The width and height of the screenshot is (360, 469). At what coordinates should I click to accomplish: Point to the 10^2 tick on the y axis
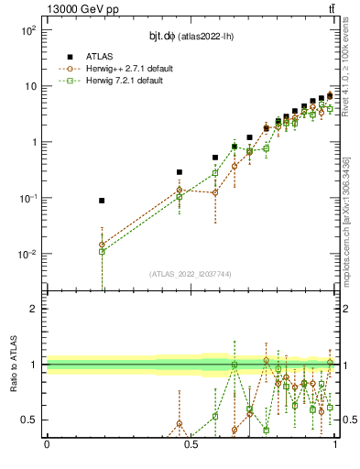click(27, 30)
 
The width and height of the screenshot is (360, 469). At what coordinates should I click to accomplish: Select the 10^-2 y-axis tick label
click(27, 255)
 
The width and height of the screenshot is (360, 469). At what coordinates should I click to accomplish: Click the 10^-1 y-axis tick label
click(27, 199)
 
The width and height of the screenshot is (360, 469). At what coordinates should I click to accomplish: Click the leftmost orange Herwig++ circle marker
click(102, 245)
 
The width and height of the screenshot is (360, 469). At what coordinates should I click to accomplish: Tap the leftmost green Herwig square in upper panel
click(102, 251)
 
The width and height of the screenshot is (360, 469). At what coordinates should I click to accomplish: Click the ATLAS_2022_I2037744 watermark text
click(191, 273)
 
